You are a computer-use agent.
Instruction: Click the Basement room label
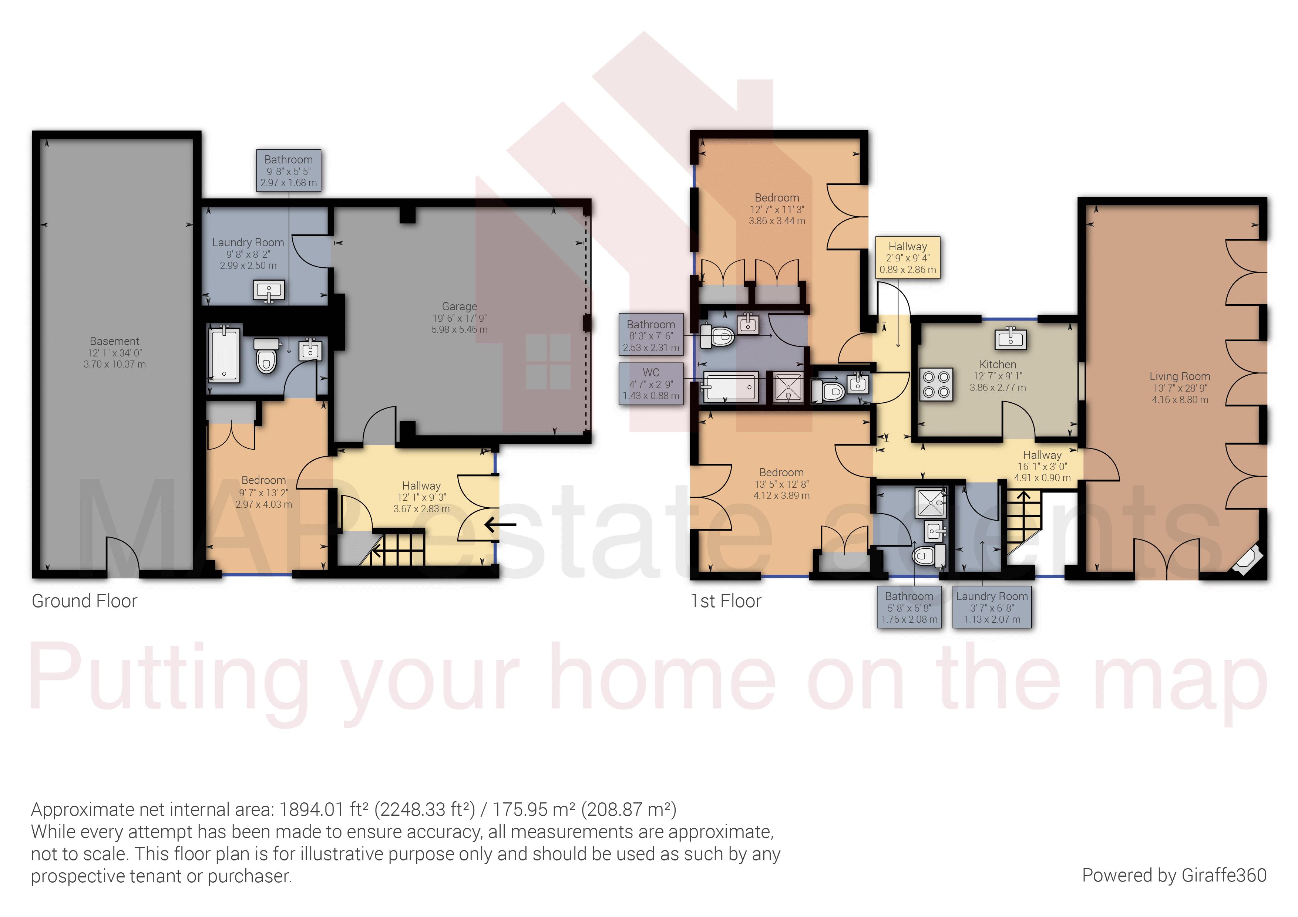[114, 341]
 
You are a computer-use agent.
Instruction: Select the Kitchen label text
[998, 365]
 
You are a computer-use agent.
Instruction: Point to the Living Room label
[1180, 376]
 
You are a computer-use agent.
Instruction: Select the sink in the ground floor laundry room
[269, 291]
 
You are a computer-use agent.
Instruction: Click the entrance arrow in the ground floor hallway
[500, 525]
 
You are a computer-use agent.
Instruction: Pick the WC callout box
[651, 384]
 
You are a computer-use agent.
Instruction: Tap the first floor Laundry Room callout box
[992, 608]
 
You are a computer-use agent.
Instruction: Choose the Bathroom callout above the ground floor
[288, 170]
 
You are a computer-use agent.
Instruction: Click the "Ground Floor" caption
[84, 601]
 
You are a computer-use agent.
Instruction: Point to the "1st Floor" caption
[726, 601]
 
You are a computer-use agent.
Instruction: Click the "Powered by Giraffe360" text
[1174, 875]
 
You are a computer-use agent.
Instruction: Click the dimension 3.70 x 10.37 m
[114, 365]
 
